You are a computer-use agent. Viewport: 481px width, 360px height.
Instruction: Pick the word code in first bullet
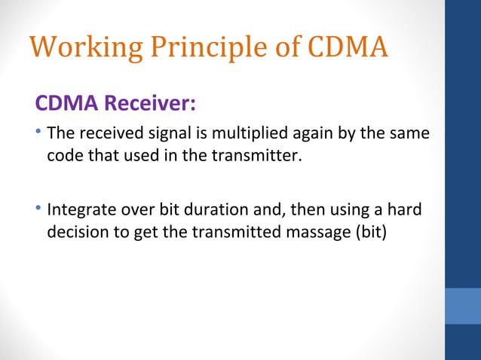[63, 157]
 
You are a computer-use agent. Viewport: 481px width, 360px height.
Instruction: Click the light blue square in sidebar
[463, 306]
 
